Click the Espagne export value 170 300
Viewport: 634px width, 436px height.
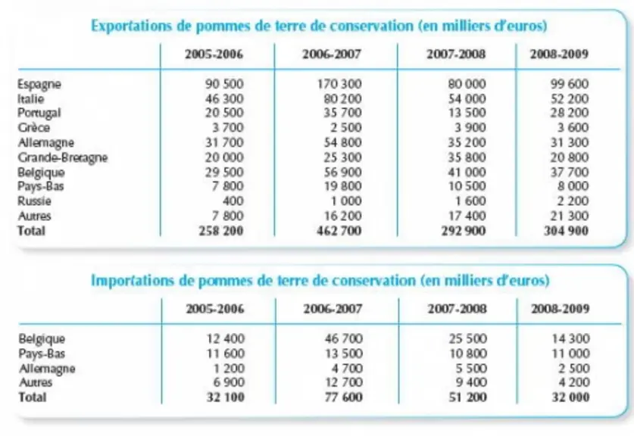(339, 84)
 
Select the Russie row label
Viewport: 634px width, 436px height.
(34, 201)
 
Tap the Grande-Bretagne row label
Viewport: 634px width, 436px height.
(63, 157)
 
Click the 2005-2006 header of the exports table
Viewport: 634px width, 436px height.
(214, 54)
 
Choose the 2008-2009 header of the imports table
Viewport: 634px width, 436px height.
(560, 309)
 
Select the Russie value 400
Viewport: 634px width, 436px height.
(233, 201)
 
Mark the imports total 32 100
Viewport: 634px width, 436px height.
(226, 397)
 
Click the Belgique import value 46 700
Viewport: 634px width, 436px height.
(344, 338)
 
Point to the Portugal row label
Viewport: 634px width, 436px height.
(39, 113)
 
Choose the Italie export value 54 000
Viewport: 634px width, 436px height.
(467, 98)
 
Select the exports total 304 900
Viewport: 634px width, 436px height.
(566, 231)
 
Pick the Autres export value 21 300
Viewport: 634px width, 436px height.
(570, 216)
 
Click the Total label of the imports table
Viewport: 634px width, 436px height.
(33, 397)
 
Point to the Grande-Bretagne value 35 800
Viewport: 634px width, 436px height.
(467, 157)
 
